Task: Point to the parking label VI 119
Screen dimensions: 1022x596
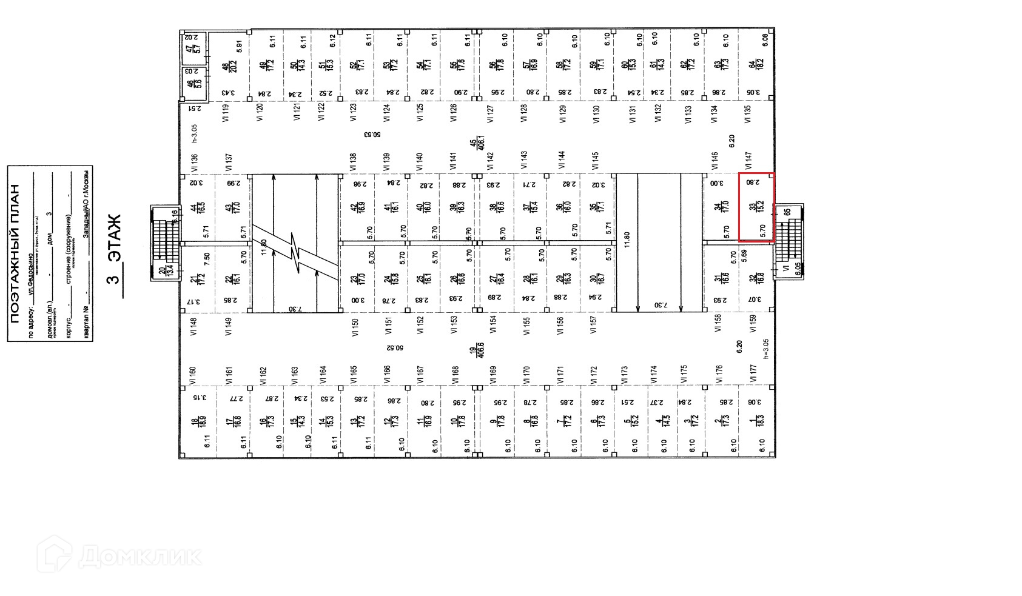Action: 226,113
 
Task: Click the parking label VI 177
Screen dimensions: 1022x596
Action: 753,373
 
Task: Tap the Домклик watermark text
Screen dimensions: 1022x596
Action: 140,555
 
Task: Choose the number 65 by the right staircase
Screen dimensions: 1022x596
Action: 787,212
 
